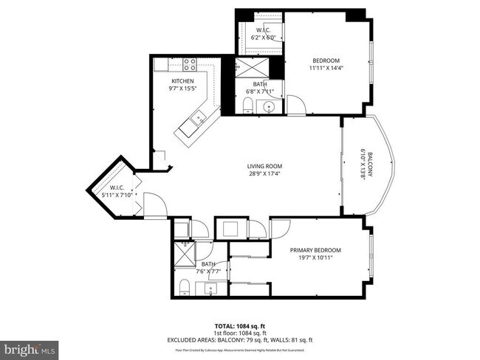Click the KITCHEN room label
pos(182,81)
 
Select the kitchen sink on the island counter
pos(198,117)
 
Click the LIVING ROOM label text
pos(264,166)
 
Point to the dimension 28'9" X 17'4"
pos(264,174)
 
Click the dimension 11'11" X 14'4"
pos(325,68)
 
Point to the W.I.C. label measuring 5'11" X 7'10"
pos(114,192)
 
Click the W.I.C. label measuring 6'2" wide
pos(263,32)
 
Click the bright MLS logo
pos(30,347)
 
